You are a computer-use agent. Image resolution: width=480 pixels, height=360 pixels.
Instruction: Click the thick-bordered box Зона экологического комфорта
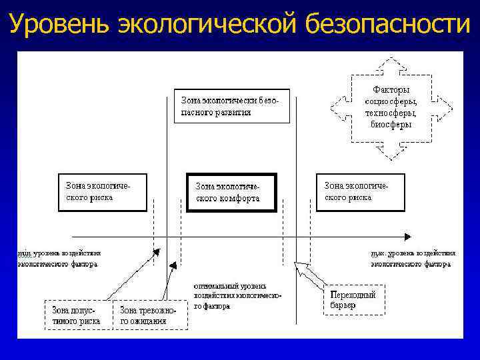click(x=231, y=193)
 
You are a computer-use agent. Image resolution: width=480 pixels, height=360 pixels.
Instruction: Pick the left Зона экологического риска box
click(x=102, y=192)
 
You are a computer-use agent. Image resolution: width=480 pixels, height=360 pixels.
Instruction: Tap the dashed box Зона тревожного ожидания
click(x=152, y=315)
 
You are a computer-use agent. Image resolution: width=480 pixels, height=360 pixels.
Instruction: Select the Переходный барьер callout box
click(x=353, y=299)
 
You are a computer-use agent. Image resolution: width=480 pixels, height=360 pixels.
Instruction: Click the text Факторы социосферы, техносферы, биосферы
click(x=391, y=107)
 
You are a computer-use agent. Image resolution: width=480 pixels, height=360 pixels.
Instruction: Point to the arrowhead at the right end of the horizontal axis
click(x=407, y=236)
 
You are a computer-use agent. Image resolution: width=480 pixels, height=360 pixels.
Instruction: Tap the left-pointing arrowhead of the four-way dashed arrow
click(x=335, y=107)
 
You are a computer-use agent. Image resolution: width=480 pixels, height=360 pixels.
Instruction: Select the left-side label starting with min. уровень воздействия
click(x=59, y=259)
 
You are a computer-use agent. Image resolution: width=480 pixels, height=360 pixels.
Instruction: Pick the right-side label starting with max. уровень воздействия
click(x=412, y=259)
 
